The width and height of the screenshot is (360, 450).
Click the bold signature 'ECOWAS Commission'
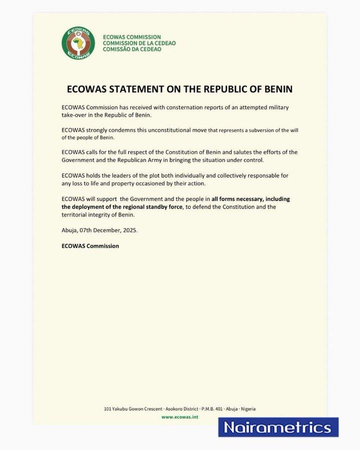pos(89,245)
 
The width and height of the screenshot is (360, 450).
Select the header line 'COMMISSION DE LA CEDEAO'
pos(138,43)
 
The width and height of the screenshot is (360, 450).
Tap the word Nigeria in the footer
pos(244,408)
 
